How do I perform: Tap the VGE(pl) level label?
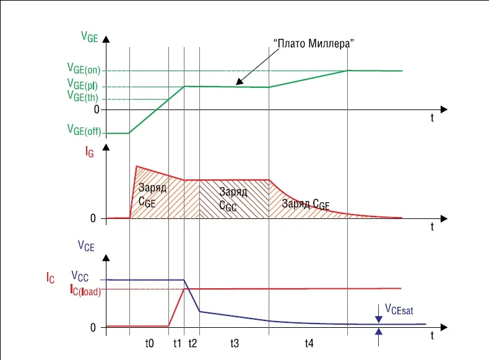point(84,85)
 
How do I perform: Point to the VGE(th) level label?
point(83,97)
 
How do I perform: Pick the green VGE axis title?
point(89,36)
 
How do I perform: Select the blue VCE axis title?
point(86,246)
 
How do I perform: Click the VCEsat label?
point(400,307)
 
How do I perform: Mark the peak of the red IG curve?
point(136,166)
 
